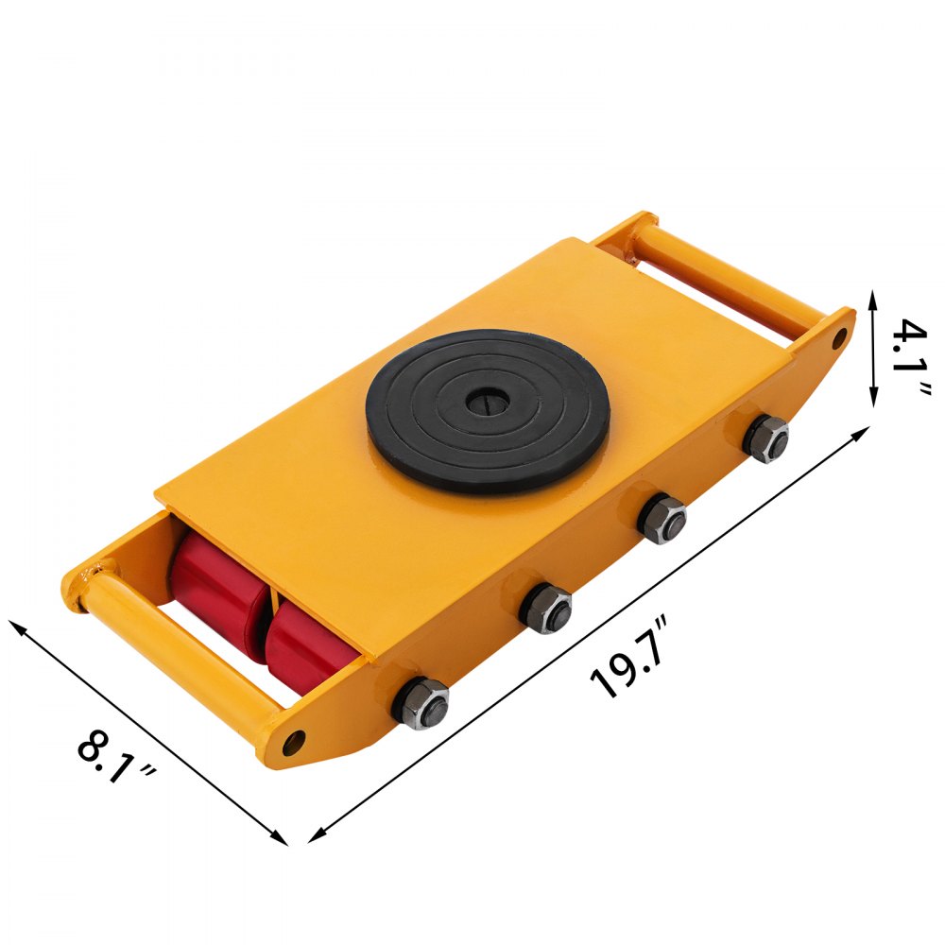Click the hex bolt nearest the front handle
(421, 702)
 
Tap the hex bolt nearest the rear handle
(765, 438)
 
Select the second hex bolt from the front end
(546, 608)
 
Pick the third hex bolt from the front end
(661, 517)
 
